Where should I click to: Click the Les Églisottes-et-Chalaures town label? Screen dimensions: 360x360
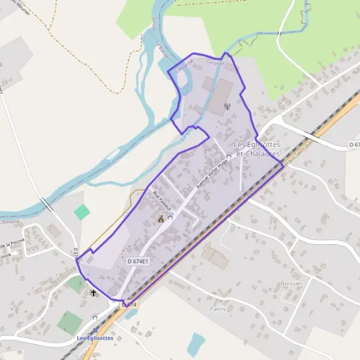[257, 149]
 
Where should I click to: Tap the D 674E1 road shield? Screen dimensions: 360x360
[137, 261]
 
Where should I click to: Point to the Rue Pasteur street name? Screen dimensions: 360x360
[162, 200]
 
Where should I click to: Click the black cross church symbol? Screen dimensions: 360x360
[93, 293]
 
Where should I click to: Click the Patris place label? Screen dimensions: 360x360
[218, 310]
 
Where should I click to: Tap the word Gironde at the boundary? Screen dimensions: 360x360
[215, 62]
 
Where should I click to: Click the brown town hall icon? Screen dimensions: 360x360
[161, 219]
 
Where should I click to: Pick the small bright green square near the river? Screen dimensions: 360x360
[81, 211]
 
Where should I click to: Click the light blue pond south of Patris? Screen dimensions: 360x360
[195, 344]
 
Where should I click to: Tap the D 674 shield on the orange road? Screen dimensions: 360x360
[130, 305]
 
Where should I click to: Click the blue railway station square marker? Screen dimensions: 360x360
[95, 330]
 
